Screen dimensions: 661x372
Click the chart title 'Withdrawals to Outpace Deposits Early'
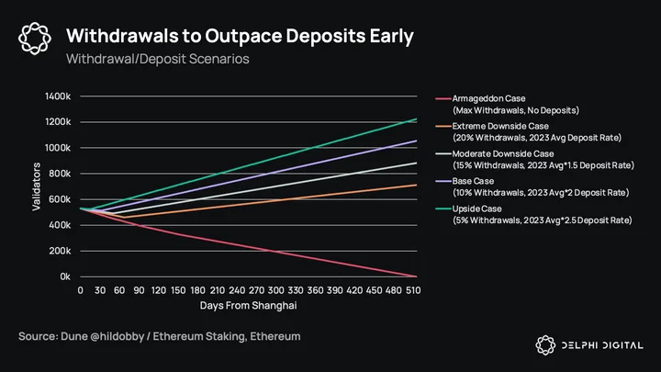click(240, 36)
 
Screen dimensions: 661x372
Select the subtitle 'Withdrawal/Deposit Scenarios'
click(158, 59)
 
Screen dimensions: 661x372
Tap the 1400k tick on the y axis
click(58, 96)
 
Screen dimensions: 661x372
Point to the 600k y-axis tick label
click(60, 199)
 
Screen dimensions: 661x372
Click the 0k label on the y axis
click(65, 276)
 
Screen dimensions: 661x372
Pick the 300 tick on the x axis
click(275, 290)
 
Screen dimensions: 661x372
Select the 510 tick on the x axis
click(413, 290)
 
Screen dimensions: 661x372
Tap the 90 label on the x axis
click(139, 290)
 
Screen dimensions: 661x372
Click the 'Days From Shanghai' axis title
click(248, 305)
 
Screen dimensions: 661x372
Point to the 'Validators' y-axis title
click(36, 186)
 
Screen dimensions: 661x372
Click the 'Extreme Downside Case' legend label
click(500, 126)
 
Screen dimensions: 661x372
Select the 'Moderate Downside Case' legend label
click(503, 154)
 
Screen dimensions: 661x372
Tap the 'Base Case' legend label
click(473, 181)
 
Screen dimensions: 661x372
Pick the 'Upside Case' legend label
click(476, 209)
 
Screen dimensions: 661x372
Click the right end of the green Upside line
click(417, 118)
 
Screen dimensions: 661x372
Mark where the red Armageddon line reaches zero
click(417, 276)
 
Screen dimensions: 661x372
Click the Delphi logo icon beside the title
click(35, 39)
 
